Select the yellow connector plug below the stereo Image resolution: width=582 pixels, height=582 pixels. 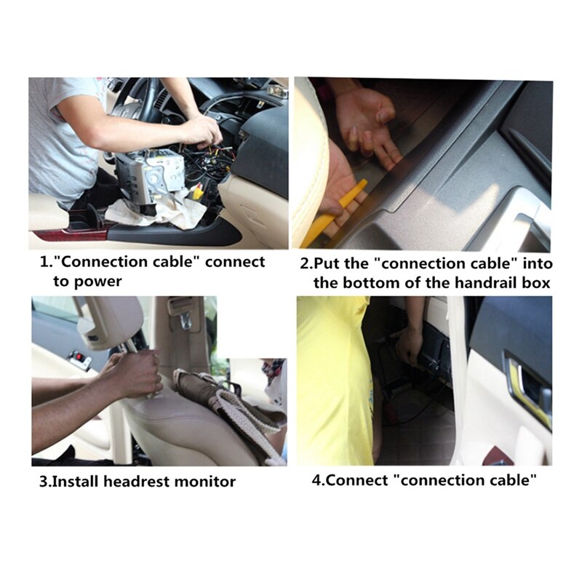(198, 194)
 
